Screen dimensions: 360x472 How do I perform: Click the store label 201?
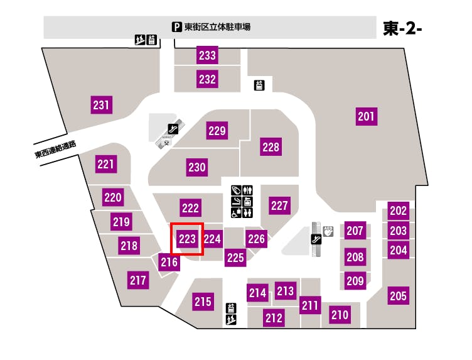pyautogui.click(x=366, y=116)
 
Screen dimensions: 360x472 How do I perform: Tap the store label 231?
pyautogui.click(x=101, y=105)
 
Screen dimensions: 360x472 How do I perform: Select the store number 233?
pyautogui.click(x=207, y=56)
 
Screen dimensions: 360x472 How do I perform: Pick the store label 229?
pyautogui.click(x=217, y=131)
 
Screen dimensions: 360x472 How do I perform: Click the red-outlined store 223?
pyautogui.click(x=188, y=239)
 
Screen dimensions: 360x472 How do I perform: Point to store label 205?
pyautogui.click(x=398, y=295)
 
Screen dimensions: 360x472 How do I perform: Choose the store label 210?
pyautogui.click(x=340, y=315)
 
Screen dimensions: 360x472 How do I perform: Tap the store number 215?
pyautogui.click(x=202, y=302)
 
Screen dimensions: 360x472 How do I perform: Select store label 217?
pyautogui.click(x=137, y=280)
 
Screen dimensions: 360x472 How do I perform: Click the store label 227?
pyautogui.click(x=279, y=205)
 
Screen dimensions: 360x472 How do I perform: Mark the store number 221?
pyautogui.click(x=106, y=165)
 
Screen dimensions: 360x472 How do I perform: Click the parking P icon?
pyautogui.click(x=177, y=27)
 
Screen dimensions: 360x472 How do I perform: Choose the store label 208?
pyautogui.click(x=355, y=256)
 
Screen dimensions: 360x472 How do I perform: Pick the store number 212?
pyautogui.click(x=274, y=318)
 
